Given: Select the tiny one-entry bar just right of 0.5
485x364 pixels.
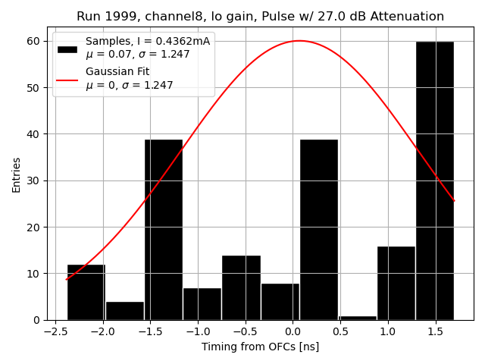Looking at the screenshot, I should (358, 318).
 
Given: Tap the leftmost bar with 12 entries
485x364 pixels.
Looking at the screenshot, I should (86, 292).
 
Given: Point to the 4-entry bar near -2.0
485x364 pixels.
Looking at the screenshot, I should (125, 311).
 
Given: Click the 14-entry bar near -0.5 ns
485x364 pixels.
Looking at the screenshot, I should (241, 287).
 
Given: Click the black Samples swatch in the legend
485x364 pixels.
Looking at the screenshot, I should (67, 49).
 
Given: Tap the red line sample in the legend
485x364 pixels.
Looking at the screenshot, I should (67, 79).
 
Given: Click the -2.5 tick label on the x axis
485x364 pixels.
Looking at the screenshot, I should (55, 331).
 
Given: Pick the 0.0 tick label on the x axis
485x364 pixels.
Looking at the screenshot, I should (293, 331).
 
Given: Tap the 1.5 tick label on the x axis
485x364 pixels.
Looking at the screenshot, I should (435, 331).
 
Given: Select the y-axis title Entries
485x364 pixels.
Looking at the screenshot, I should (17, 174).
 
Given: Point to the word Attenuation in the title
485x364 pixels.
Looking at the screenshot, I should (407, 17).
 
